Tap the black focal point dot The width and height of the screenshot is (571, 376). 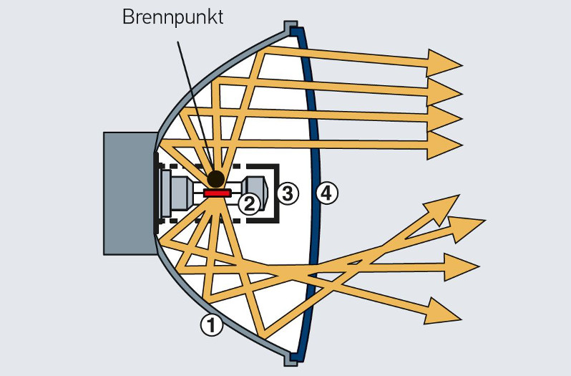[215, 178]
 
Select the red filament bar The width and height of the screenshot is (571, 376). [216, 193]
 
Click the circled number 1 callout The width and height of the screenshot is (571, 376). [211, 326]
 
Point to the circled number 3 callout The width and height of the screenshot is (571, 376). [286, 193]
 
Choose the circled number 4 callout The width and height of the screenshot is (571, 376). [326, 193]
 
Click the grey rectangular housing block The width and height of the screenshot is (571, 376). [129, 193]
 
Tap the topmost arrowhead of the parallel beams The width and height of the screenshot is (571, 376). [444, 63]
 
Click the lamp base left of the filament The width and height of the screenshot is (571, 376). [176, 193]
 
